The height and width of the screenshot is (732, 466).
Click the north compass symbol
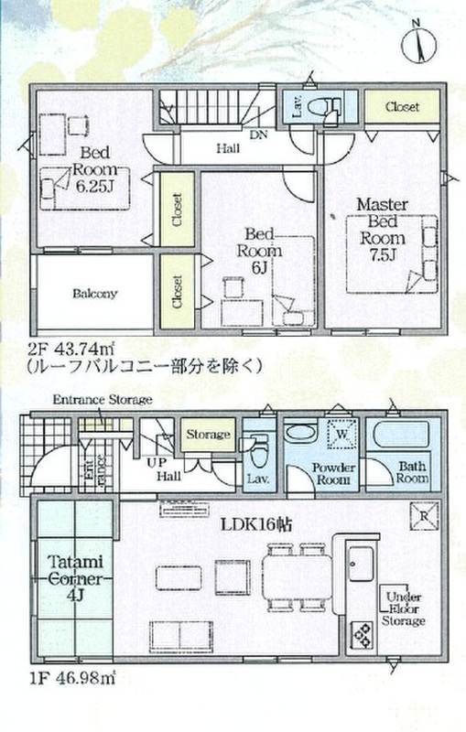[x=418, y=43]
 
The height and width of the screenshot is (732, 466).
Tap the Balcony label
[x=95, y=294]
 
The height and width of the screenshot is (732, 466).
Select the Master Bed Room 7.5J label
[x=382, y=230]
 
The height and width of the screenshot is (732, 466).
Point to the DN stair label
[x=258, y=135]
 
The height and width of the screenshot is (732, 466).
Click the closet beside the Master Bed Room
[x=403, y=107]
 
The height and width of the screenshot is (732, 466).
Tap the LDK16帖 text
[x=256, y=524]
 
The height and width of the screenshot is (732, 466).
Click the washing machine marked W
[x=342, y=434]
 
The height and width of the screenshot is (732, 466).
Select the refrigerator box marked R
[x=424, y=516]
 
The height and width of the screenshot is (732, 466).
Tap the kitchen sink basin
[x=362, y=563]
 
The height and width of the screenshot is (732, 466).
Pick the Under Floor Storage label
[x=404, y=608]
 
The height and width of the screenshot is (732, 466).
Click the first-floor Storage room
[x=208, y=435]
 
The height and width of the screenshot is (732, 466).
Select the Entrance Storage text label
[x=103, y=400]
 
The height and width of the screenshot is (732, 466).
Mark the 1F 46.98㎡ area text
[x=72, y=677]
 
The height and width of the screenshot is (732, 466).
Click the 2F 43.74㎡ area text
[x=72, y=349]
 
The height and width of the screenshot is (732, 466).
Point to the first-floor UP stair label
[x=157, y=464]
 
